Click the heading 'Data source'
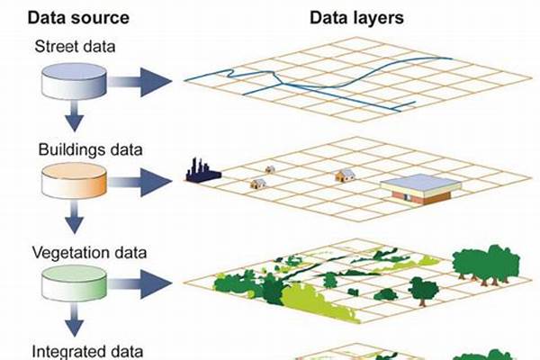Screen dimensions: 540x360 coord(78,18)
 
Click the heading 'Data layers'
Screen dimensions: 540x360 coord(356,18)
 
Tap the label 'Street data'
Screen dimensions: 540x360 coord(75,47)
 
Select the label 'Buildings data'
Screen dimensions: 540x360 coord(90,149)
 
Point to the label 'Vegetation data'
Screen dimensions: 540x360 coord(89,253)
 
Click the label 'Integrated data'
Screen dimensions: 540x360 coord(87,352)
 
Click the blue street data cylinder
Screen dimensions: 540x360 coord(74,81)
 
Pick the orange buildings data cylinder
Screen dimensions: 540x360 coord(74,181)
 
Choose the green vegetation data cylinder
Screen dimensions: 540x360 coord(74,283)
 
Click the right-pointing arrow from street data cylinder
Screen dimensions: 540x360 coord(139,82)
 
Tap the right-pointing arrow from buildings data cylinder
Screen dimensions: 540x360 coord(139,182)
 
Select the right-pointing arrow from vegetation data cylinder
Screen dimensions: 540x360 coord(139,283)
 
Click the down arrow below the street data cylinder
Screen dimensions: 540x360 coord(74,116)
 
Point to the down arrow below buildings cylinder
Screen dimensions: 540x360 coord(74,218)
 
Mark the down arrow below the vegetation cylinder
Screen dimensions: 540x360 coord(74,320)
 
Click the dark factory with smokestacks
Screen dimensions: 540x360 coord(202,171)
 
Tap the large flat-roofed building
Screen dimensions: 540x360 coord(421,189)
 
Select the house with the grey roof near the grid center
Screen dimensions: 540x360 coord(345,175)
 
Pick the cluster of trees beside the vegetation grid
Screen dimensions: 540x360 coord(486,265)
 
